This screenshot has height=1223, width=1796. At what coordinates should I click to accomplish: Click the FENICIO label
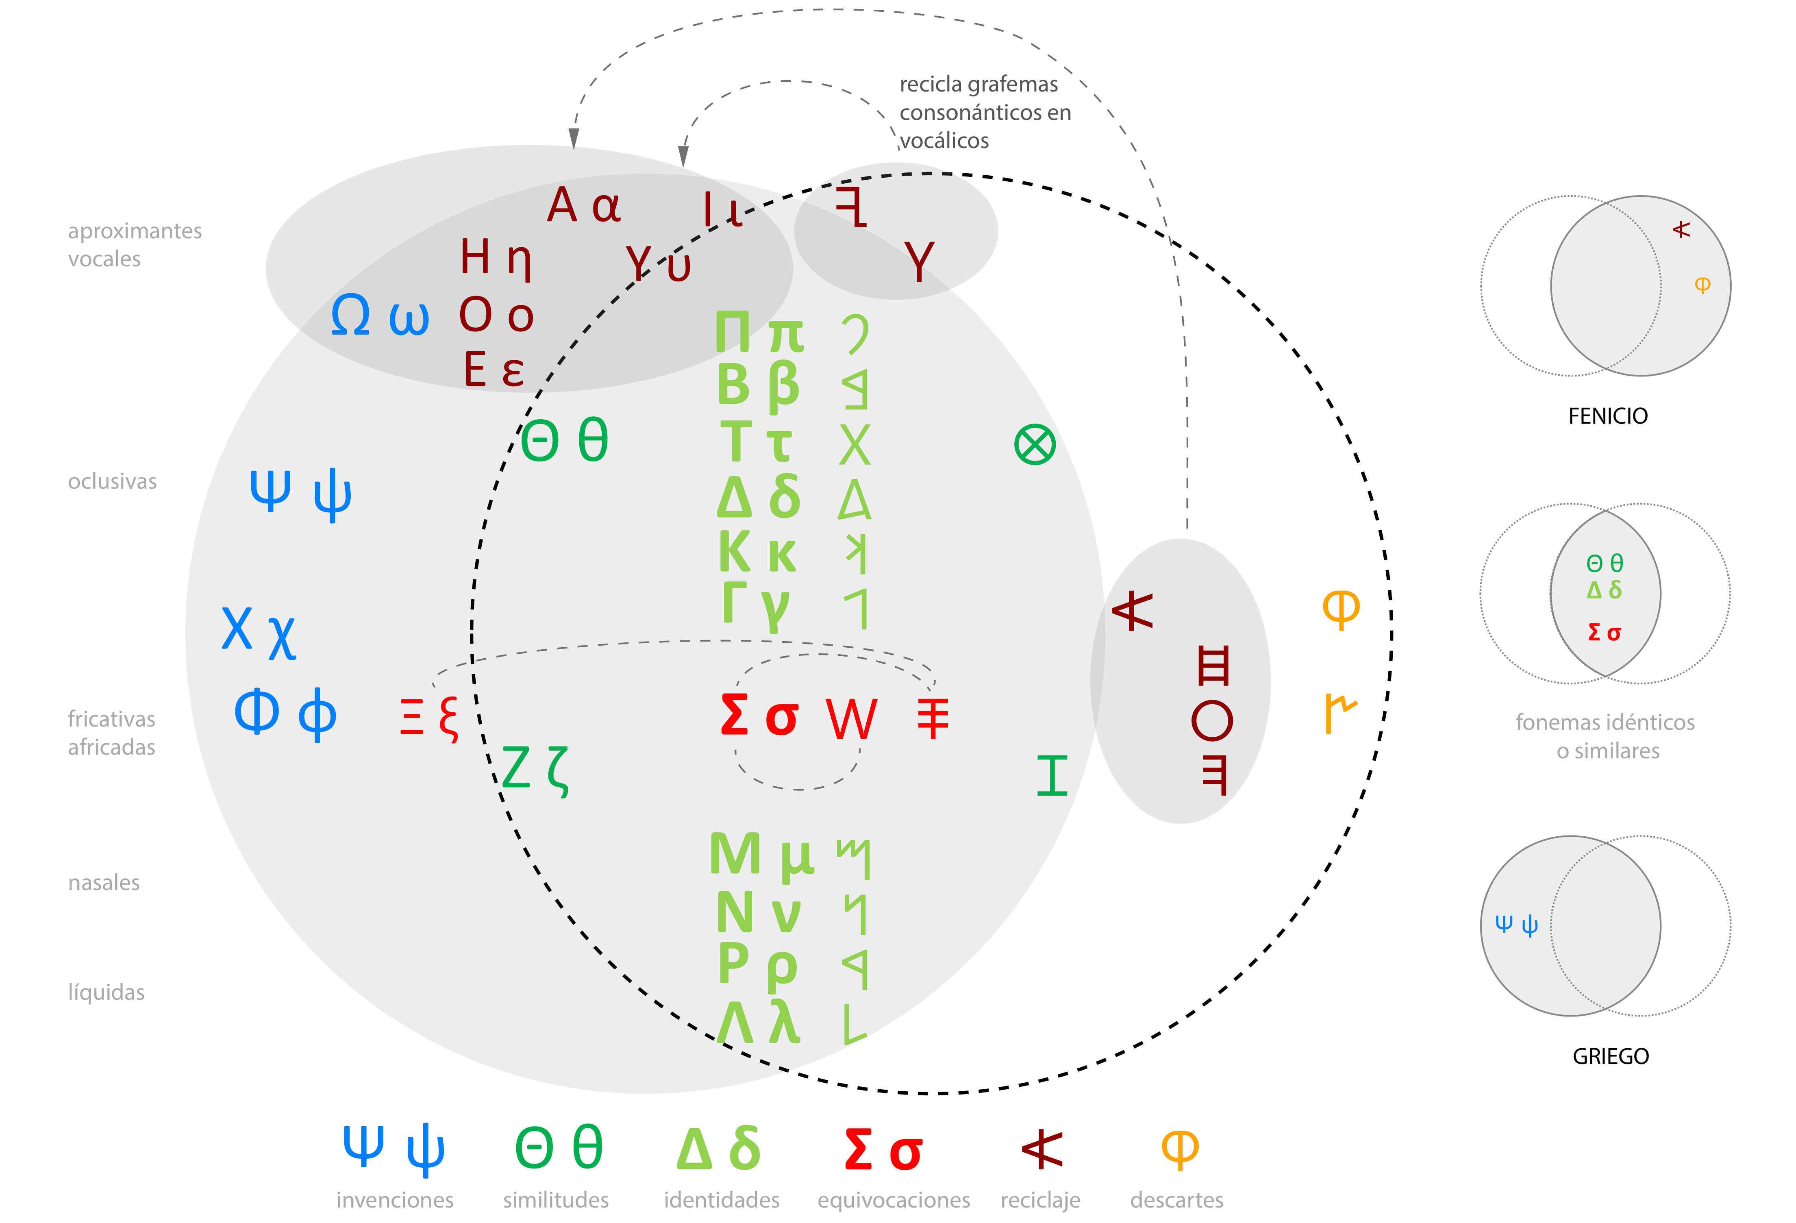[x=1607, y=416]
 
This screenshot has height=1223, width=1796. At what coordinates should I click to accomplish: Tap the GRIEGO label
[x=1611, y=1056]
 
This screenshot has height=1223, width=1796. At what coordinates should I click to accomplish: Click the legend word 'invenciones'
[x=394, y=1200]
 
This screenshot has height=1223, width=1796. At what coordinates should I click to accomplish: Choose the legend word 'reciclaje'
[x=1040, y=1200]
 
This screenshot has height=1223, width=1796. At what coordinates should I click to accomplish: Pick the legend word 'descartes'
[x=1176, y=1200]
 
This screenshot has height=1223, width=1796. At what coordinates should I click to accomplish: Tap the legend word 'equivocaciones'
[x=894, y=1200]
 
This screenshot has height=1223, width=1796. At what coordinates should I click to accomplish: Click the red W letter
[x=851, y=719]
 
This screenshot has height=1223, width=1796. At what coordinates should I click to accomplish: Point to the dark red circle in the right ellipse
[x=1212, y=720]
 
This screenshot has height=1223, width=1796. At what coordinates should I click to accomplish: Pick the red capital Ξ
[x=412, y=717]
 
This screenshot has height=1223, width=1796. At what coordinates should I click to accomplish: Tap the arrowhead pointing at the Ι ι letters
[x=683, y=157]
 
